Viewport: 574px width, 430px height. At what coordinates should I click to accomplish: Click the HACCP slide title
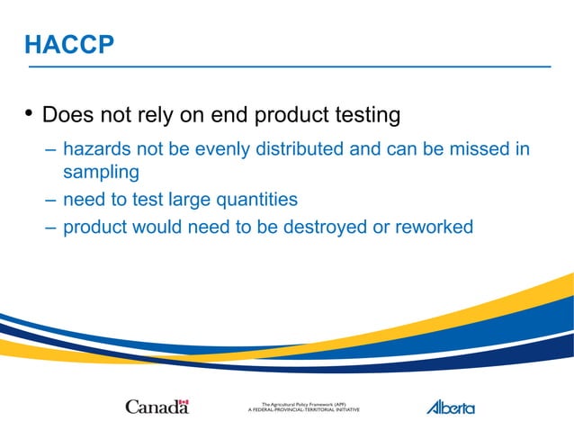tap(69, 44)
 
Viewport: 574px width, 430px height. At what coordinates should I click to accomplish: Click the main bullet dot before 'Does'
tap(28, 113)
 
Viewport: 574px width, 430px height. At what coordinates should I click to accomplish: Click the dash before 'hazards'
tap(49, 148)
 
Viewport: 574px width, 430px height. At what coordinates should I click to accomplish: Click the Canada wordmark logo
tap(157, 407)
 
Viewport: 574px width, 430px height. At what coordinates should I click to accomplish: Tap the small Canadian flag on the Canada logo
tap(184, 402)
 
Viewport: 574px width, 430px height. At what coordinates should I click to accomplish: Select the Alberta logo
tap(450, 407)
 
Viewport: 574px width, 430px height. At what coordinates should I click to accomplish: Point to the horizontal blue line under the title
tap(288, 67)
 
